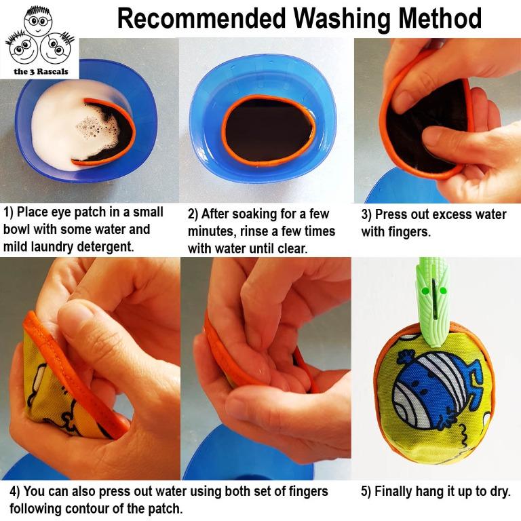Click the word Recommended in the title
[201, 18]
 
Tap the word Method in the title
[440, 18]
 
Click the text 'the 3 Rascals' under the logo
[41, 71]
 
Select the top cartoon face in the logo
[38, 20]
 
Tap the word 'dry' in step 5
[500, 492]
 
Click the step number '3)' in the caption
[366, 214]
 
